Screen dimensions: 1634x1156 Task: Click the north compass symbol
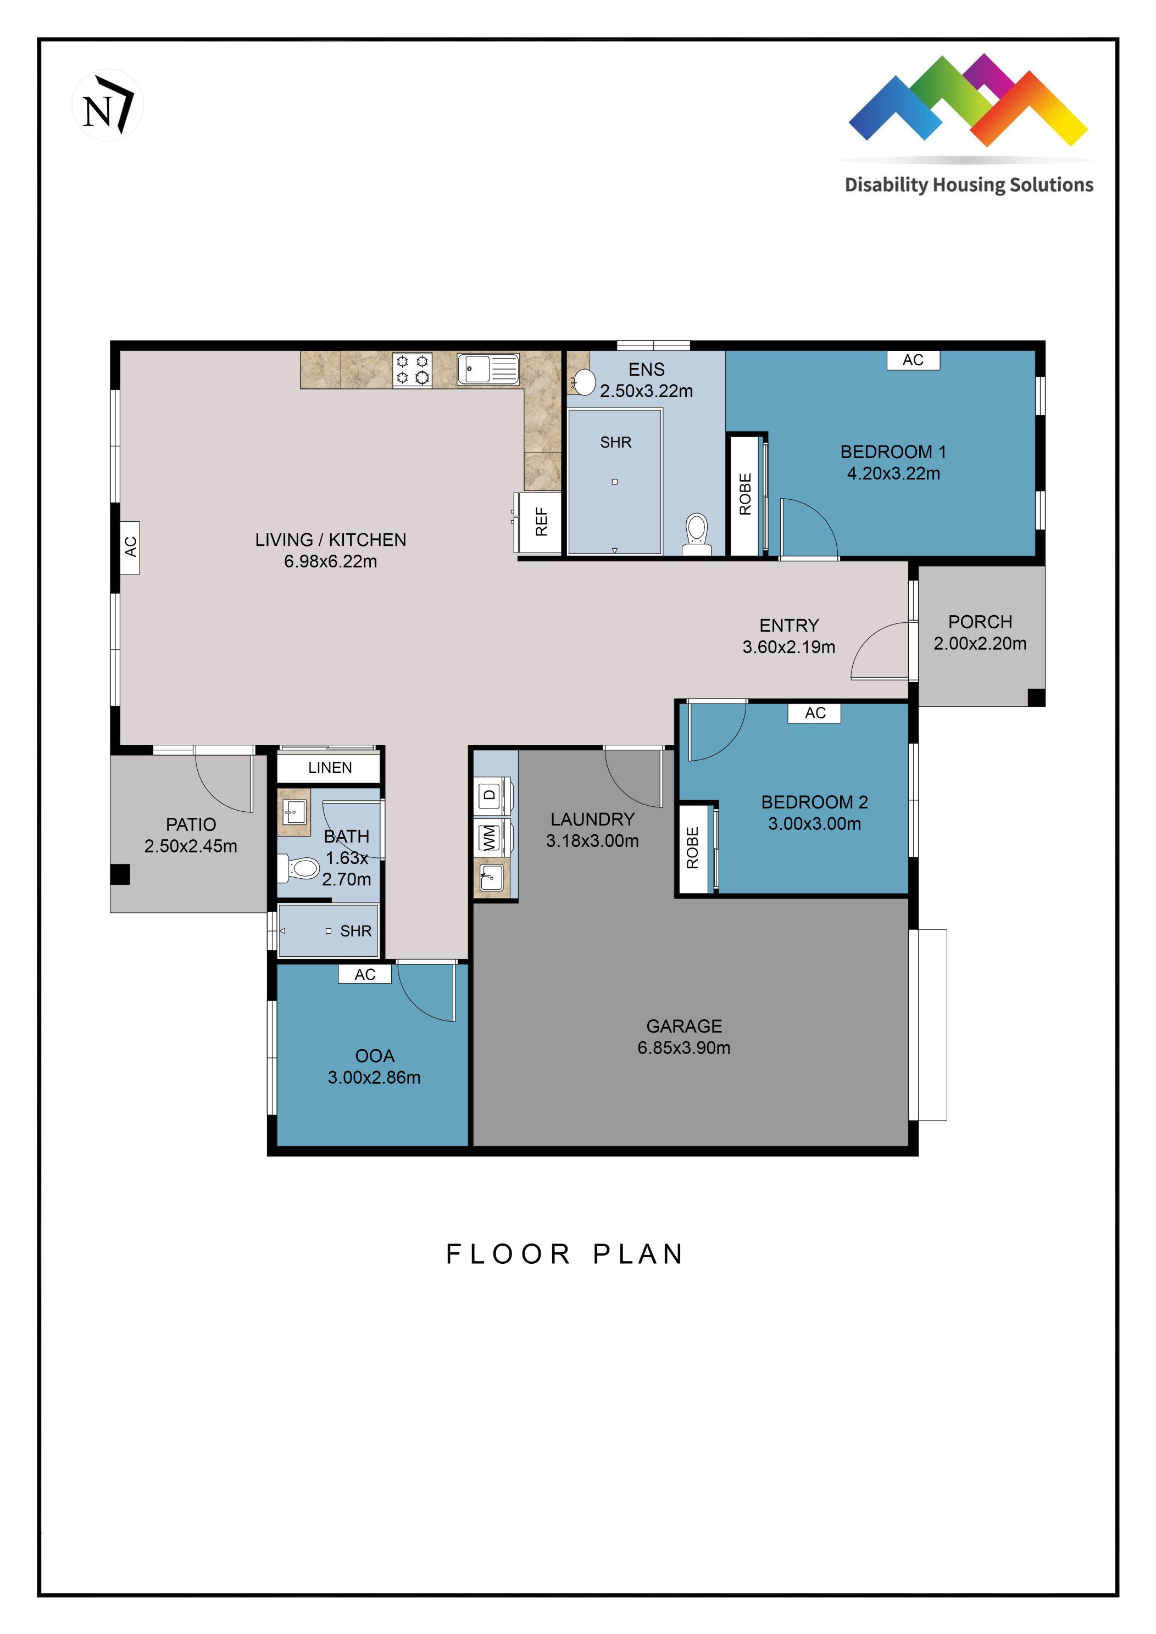(108, 106)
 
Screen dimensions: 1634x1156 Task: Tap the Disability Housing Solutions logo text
(968, 185)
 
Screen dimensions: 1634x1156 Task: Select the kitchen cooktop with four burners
(412, 370)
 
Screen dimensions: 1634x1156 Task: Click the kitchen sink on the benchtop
(488, 369)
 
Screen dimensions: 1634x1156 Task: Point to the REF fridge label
(541, 522)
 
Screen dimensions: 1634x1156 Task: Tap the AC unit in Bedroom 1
(913, 360)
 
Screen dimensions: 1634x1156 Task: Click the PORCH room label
(980, 622)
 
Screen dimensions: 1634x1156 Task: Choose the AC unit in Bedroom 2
(814, 713)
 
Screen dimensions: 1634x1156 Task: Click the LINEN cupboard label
(330, 767)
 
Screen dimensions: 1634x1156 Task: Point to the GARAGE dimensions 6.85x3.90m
(683, 1047)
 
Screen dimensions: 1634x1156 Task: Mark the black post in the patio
(120, 874)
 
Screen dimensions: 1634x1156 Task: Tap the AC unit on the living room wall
(130, 547)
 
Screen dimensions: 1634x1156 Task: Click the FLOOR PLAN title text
(565, 1254)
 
